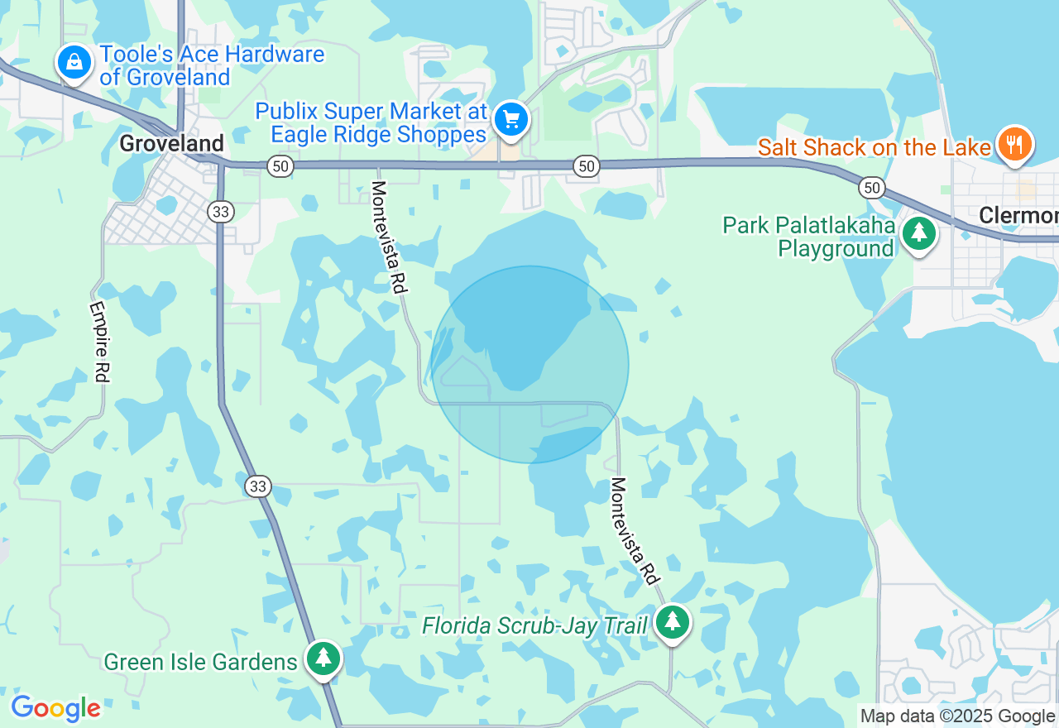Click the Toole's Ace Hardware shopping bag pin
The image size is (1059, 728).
tap(74, 63)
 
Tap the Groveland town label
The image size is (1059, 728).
tap(171, 143)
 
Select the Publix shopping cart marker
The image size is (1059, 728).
tap(511, 119)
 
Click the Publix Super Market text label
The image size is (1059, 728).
tap(371, 122)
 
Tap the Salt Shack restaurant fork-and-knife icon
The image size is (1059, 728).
tap(1014, 144)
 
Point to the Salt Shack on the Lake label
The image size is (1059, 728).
tap(875, 148)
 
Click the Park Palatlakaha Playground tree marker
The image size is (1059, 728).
tap(918, 233)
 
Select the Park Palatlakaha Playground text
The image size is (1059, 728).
tap(808, 237)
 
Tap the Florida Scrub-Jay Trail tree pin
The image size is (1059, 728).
tap(673, 622)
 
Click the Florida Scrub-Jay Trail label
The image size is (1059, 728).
tap(534, 625)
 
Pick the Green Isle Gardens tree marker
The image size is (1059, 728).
tap(323, 659)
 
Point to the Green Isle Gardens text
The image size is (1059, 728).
tap(200, 662)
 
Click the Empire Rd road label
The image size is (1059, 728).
tap(99, 342)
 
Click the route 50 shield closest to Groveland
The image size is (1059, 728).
tap(280, 167)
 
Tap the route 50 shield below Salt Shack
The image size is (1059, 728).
tap(871, 188)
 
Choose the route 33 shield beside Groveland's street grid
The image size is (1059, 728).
tap(221, 212)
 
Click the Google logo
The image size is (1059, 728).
tap(55, 708)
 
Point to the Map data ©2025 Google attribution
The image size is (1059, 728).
tap(956, 716)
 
